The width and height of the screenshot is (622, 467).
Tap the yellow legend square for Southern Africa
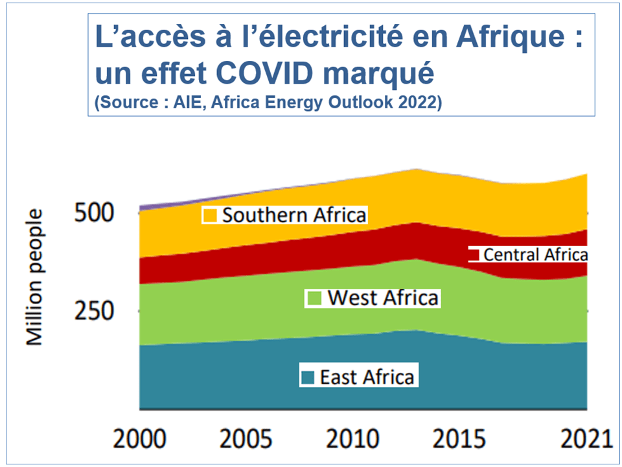click(210, 215)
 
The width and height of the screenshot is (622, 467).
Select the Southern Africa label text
click(294, 215)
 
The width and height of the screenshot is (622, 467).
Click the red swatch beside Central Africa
click(474, 254)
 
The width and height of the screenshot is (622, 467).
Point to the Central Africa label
click(536, 255)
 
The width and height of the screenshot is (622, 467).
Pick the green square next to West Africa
click(314, 298)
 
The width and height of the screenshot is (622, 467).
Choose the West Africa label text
click(383, 298)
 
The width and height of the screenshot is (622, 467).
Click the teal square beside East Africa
click(308, 377)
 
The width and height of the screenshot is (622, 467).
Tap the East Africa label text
click(367, 377)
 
